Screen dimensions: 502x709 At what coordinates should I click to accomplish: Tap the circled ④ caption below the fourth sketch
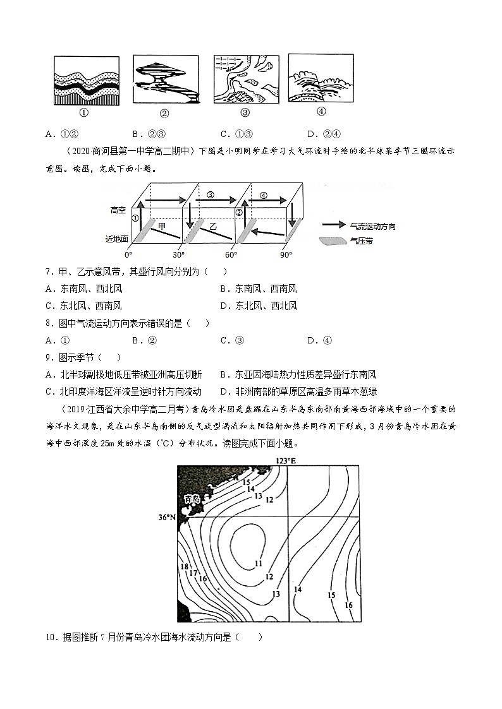[x=321, y=111]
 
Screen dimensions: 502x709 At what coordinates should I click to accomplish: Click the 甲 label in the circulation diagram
[x=162, y=225]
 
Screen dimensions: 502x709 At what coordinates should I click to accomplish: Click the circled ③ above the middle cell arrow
[x=211, y=194]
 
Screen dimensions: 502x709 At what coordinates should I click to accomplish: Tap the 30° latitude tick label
[x=178, y=254]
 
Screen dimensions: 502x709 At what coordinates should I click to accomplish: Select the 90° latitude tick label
[x=286, y=254]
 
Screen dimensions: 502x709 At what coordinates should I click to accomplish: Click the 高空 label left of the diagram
[x=119, y=209]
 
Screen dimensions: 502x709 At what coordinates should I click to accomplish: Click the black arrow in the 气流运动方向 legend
[x=334, y=225]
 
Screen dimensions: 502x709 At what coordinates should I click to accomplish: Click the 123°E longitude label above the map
[x=286, y=461]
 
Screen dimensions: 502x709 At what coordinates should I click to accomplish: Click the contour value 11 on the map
[x=259, y=563]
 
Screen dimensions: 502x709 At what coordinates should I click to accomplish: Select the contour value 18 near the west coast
[x=185, y=566]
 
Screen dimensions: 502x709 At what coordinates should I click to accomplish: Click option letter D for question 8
[x=310, y=340]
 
